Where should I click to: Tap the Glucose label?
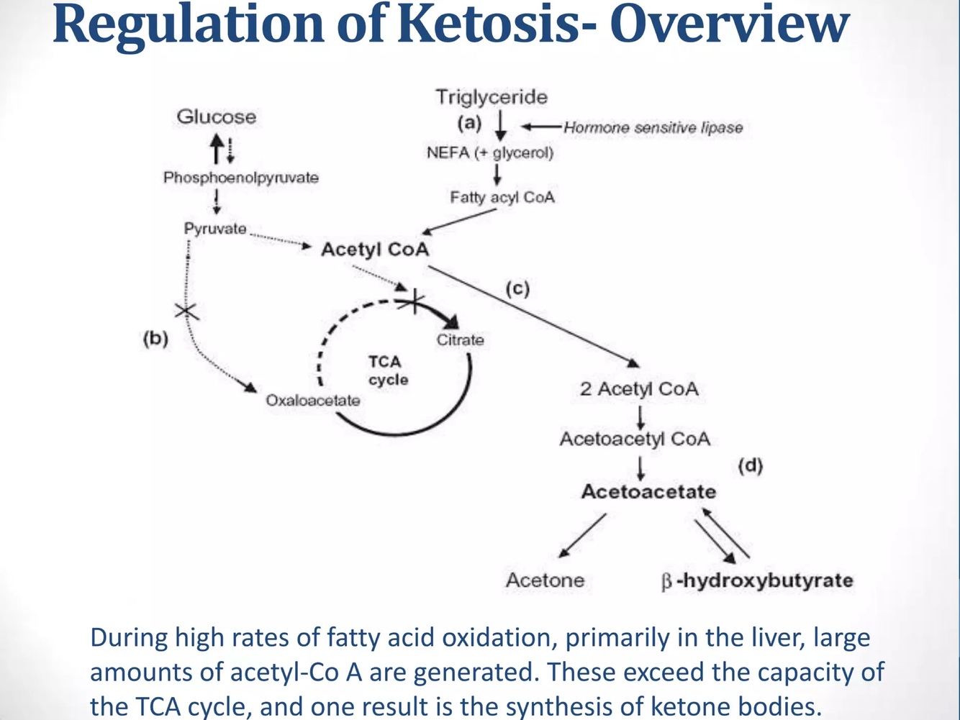point(217,117)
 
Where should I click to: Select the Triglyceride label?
point(492,96)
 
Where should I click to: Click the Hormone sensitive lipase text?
point(653,128)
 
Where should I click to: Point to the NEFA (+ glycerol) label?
point(490,152)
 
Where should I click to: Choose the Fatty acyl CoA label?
point(502,197)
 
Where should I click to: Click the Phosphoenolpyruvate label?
point(241,178)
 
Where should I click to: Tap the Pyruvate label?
point(214,229)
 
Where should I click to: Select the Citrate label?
point(461,340)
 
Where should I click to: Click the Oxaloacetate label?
point(313,400)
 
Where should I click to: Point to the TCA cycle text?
point(387,370)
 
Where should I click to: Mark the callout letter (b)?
point(155,338)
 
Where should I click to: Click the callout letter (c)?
point(517,289)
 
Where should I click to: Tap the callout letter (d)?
point(750,465)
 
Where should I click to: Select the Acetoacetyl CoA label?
point(635,439)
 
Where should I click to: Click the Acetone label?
point(545,580)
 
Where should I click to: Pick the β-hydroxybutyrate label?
point(757,580)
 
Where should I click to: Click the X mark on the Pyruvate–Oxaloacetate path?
point(186,311)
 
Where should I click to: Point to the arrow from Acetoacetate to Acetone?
point(582,535)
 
